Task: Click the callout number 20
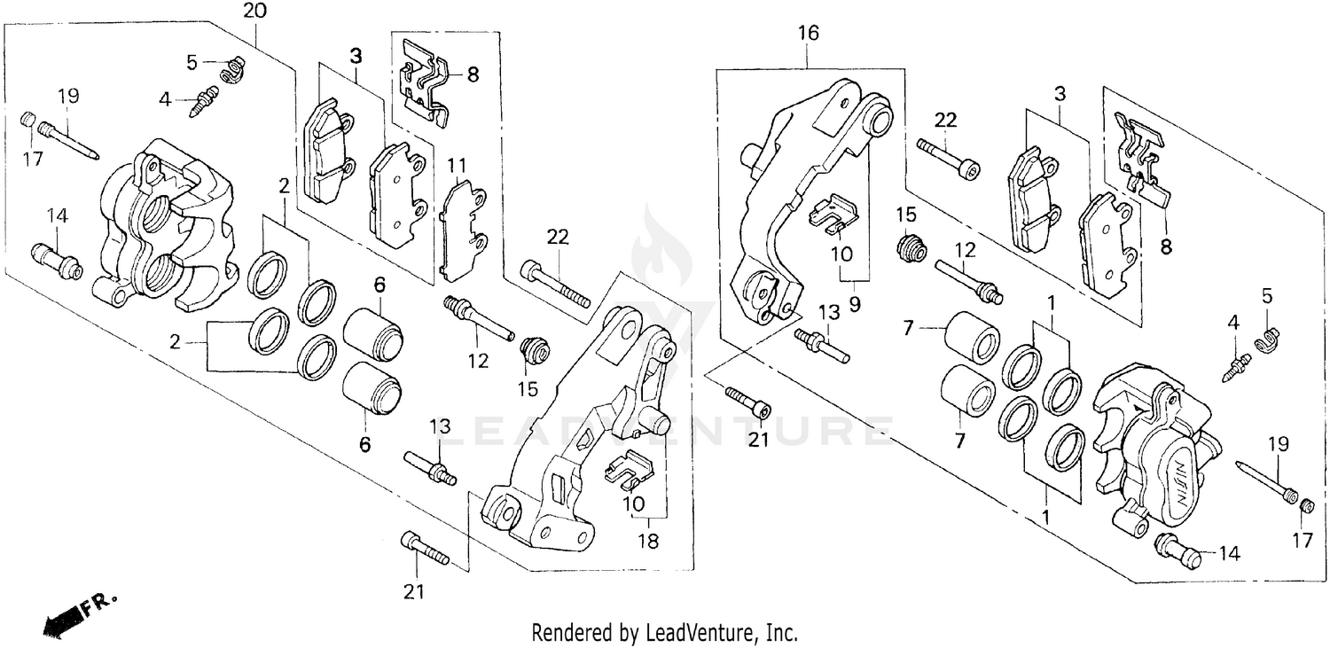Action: click(x=255, y=12)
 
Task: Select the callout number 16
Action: click(x=808, y=34)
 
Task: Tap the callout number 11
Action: click(x=457, y=166)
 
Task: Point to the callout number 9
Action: click(x=855, y=303)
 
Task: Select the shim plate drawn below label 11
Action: click(x=463, y=230)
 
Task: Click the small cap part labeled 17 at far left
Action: click(x=27, y=119)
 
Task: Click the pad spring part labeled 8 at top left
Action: click(x=425, y=79)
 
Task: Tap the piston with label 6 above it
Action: click(x=373, y=334)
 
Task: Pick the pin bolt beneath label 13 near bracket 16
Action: click(x=822, y=346)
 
